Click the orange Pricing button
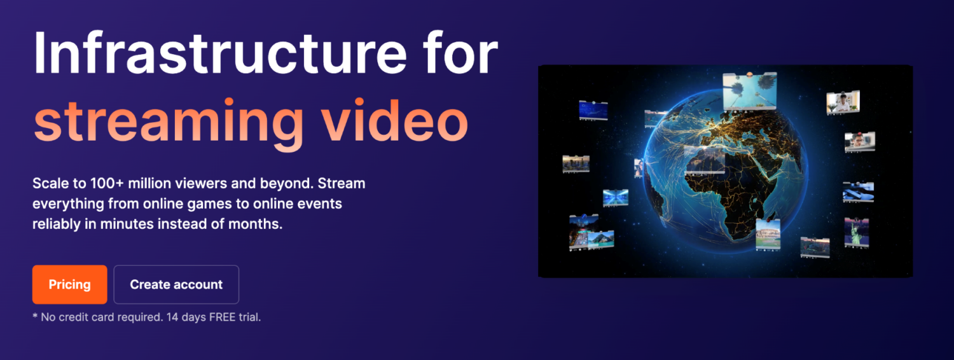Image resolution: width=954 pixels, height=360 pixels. click(69, 284)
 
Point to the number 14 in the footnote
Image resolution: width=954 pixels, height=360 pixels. click(172, 317)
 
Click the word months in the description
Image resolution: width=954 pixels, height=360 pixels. click(258, 225)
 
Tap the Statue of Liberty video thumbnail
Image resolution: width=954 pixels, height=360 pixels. click(857, 233)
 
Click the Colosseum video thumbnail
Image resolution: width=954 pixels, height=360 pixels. click(768, 235)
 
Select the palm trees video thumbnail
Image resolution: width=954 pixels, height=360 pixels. click(749, 90)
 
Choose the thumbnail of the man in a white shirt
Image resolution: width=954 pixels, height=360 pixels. click(843, 102)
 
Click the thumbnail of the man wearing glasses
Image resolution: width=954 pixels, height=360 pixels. click(859, 141)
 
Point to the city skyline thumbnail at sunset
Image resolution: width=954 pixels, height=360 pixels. click(814, 247)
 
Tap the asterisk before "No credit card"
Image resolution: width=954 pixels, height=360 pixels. click(35, 316)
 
